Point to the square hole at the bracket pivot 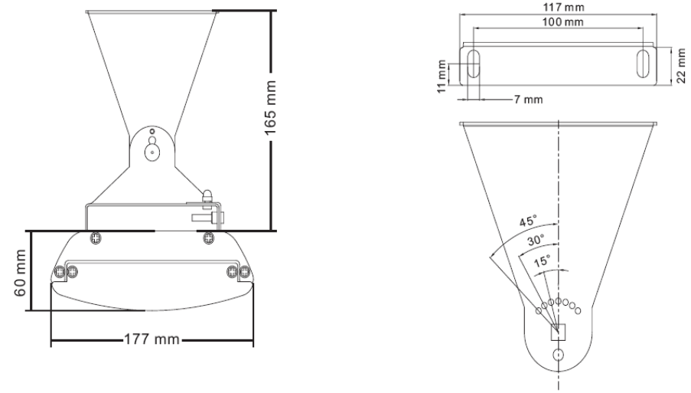[559, 331]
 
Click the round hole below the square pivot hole [559, 355]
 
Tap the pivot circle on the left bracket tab [152, 152]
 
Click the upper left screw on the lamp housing [95, 237]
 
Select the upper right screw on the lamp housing [207, 237]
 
